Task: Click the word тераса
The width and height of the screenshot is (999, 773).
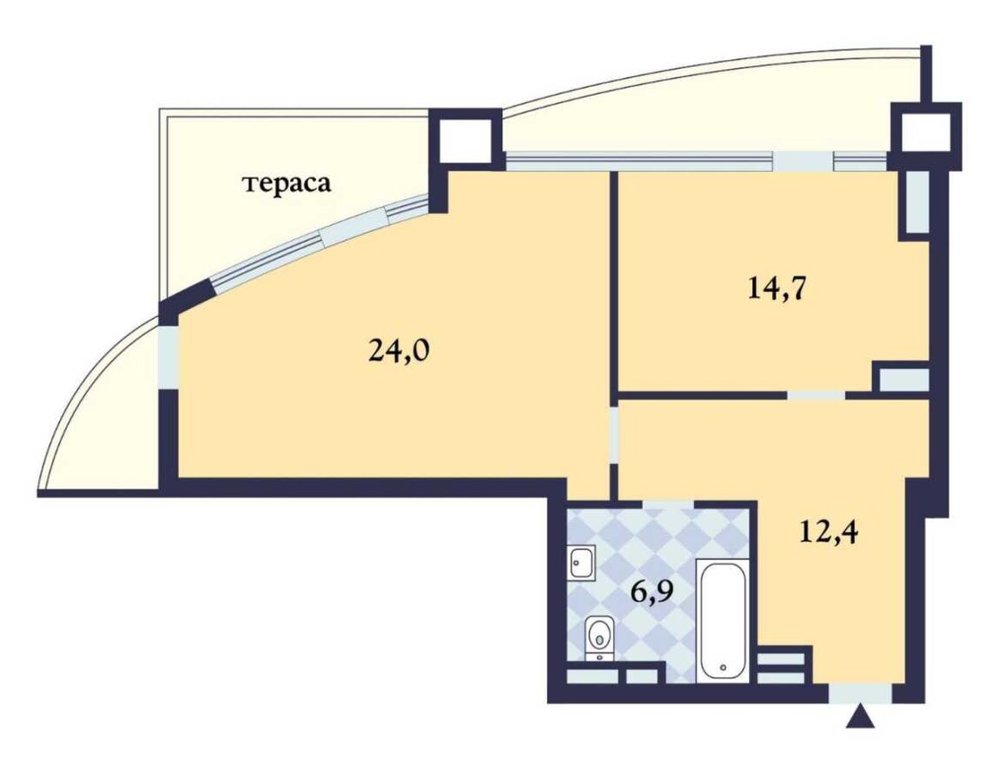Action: coord(287,183)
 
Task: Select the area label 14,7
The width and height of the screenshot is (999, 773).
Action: coord(777,288)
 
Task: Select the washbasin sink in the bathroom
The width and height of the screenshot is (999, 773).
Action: coord(581,562)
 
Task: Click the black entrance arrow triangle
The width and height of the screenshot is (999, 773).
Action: coord(860,717)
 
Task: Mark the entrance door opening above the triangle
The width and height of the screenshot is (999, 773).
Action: coord(860,693)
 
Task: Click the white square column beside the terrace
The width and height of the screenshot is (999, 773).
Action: coord(466,140)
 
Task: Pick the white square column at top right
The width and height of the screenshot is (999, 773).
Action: coord(925,135)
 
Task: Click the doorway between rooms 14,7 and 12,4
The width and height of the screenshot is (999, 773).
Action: coord(817,395)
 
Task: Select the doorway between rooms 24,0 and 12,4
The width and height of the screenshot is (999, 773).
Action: coord(614,435)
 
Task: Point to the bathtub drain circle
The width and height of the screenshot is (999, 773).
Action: coord(723,668)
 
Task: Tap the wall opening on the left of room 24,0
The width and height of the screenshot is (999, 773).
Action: coord(169,357)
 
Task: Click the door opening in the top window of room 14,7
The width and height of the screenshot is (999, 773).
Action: coord(803,162)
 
